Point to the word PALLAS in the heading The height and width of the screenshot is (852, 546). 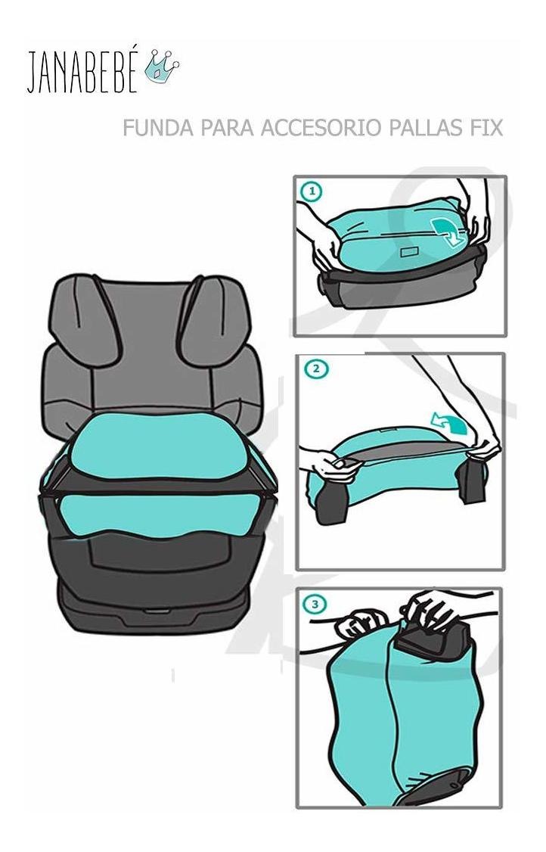pyautogui.click(x=426, y=128)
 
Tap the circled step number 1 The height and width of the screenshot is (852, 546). pyautogui.click(x=312, y=191)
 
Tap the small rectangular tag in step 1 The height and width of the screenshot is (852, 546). pyautogui.click(x=410, y=253)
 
